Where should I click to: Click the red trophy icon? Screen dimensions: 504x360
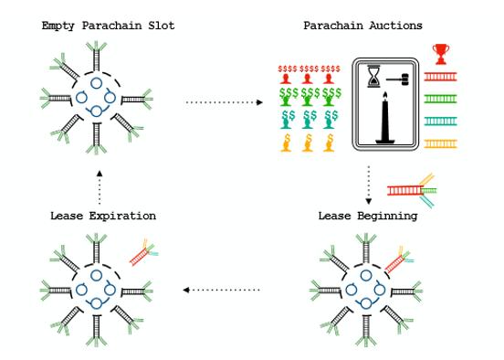[x=441, y=54]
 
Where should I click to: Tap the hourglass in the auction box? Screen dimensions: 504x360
[x=373, y=76]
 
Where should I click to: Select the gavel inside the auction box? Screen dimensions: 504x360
[x=398, y=79]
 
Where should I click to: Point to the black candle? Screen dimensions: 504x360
[x=385, y=118]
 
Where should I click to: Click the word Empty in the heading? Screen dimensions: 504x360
[x=58, y=26]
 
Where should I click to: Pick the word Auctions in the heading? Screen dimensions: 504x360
[x=395, y=26]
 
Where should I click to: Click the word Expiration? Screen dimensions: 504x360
[x=122, y=216]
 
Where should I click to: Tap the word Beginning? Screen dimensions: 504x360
[x=387, y=216]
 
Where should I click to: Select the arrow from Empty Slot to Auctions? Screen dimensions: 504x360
[x=225, y=102]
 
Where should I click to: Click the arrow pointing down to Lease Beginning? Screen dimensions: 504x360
[x=369, y=185]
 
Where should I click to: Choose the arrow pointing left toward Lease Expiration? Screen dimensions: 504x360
[x=221, y=290]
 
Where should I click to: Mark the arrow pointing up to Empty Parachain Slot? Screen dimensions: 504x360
[x=100, y=187]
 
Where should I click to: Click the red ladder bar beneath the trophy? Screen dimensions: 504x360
[x=440, y=77]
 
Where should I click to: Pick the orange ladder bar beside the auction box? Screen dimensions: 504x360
[x=440, y=143]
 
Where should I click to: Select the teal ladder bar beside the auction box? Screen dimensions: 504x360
[x=440, y=122]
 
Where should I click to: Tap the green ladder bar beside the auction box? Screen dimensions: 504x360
[x=440, y=99]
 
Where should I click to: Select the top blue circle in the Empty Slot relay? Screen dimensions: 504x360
[x=96, y=83]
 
